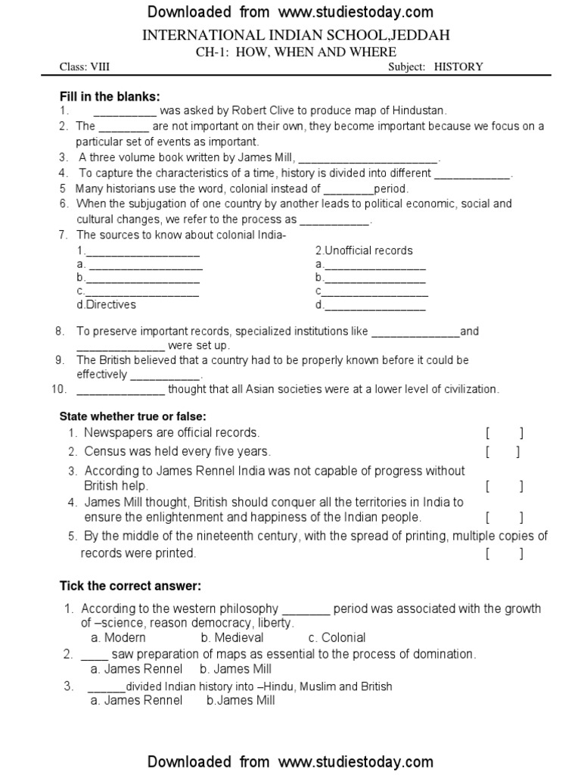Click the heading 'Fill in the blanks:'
pyautogui.click(x=110, y=96)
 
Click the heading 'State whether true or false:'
pyautogui.click(x=133, y=416)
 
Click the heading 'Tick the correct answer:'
pyautogui.click(x=130, y=586)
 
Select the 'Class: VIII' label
pyautogui.click(x=85, y=67)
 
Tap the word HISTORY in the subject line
pyautogui.click(x=458, y=67)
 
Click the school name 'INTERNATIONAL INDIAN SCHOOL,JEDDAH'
pyautogui.click(x=290, y=36)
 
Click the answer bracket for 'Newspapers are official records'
pyautogui.click(x=504, y=433)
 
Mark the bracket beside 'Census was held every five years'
pyautogui.click(x=504, y=452)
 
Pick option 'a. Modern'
pyautogui.click(x=118, y=637)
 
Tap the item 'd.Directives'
pyautogui.click(x=106, y=304)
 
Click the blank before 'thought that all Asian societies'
pyautogui.click(x=120, y=390)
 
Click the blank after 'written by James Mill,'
pyautogui.click(x=368, y=158)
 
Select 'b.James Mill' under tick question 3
pyautogui.click(x=241, y=700)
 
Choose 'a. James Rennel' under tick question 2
pyautogui.click(x=136, y=669)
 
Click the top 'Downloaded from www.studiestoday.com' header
pyautogui.click(x=290, y=11)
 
